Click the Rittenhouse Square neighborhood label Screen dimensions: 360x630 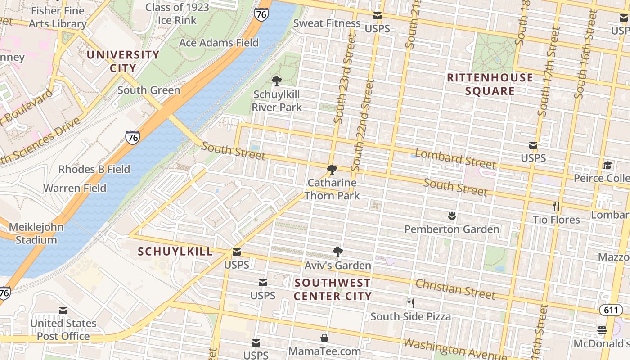pos(490,85)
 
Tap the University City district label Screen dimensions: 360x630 pos(123,62)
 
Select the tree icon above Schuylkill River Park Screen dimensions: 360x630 pos(277,81)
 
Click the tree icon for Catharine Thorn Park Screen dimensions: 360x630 pos(332,170)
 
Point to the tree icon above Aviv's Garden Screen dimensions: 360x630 pos(337,252)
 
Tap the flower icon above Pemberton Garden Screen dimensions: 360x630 pos(452,216)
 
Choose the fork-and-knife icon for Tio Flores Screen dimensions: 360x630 pos(556,207)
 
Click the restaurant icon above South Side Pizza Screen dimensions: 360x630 pos(410,303)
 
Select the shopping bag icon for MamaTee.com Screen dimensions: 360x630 pos(324,337)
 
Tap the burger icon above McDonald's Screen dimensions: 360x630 pos(602,330)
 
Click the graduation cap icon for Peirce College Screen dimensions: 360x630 pos(607,165)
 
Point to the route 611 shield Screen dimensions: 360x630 pos(611,310)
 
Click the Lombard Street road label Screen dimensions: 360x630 pos(455,159)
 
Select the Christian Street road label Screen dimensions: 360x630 pos(455,289)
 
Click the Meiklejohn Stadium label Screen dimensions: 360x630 pos(36,234)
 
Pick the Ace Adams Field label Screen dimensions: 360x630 pos(219,43)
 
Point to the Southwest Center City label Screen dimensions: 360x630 pos(333,289)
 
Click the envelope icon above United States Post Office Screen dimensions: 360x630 pos(63,310)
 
